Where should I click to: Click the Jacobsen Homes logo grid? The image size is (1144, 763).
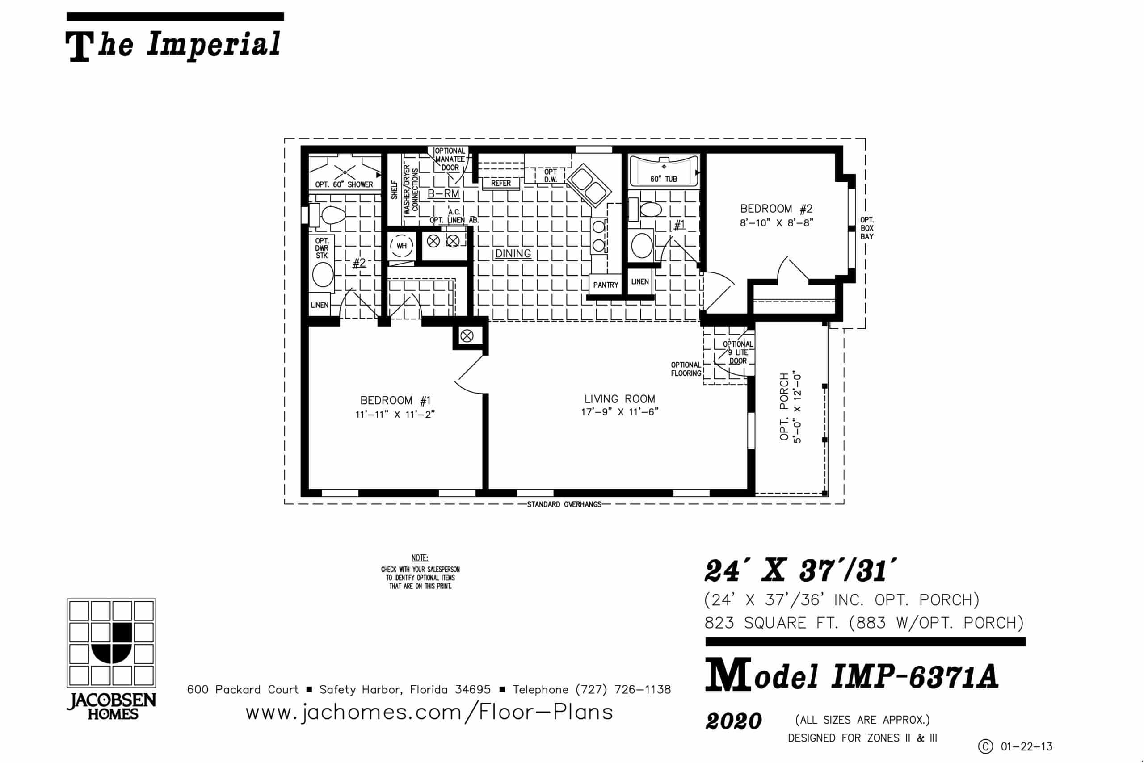tap(111, 643)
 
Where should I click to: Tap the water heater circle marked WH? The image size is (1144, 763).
tap(402, 246)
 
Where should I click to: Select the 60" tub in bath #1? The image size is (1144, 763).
tap(664, 171)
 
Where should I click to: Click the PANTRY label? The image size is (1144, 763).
tap(606, 285)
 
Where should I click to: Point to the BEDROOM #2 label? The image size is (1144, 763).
tap(777, 209)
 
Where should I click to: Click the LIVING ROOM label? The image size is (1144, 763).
tap(620, 399)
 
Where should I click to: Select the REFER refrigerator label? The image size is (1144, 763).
tap(501, 184)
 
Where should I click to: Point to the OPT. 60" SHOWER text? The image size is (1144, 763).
tap(344, 185)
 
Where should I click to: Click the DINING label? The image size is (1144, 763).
tap(513, 254)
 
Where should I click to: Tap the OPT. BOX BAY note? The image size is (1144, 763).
tap(867, 228)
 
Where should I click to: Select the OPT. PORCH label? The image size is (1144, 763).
tap(784, 407)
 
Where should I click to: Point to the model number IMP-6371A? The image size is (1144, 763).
tap(915, 677)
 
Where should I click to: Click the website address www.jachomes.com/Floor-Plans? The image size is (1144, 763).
tap(429, 713)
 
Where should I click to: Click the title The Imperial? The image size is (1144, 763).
tap(173, 45)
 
